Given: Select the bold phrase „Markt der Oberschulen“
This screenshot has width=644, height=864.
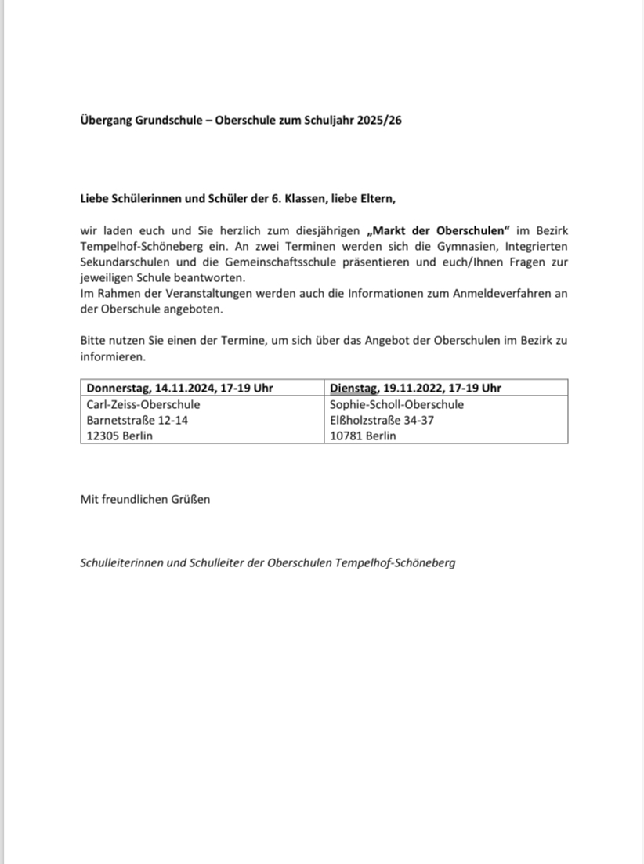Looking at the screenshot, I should [438, 231].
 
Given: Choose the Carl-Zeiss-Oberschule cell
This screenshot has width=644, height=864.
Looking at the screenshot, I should [143, 404].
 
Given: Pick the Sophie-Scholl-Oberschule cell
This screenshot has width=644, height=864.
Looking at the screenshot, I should [396, 404].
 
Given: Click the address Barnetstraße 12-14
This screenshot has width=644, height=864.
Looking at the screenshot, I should [137, 420].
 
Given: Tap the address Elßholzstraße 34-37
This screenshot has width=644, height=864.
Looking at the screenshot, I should [382, 420].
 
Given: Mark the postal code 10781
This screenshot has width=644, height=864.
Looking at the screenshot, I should [347, 436].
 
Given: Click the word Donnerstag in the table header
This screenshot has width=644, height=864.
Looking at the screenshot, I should [118, 388].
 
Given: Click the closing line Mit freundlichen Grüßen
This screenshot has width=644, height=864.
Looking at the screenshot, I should [145, 499].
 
